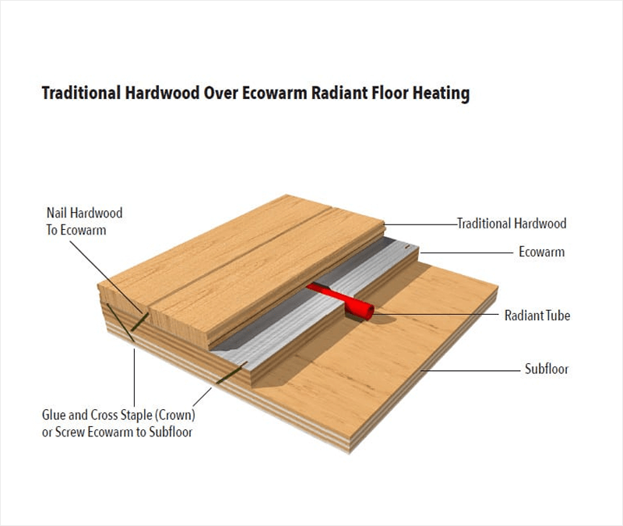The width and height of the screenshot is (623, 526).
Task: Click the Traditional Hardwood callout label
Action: tap(512, 224)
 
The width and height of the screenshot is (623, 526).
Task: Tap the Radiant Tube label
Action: tap(537, 316)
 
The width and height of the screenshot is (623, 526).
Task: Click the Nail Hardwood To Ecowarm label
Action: tap(84, 221)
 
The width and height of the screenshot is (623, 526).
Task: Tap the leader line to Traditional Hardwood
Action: tap(421, 224)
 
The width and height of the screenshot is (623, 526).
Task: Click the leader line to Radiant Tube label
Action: tap(436, 315)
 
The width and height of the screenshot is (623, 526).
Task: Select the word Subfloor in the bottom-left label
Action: tap(171, 432)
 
